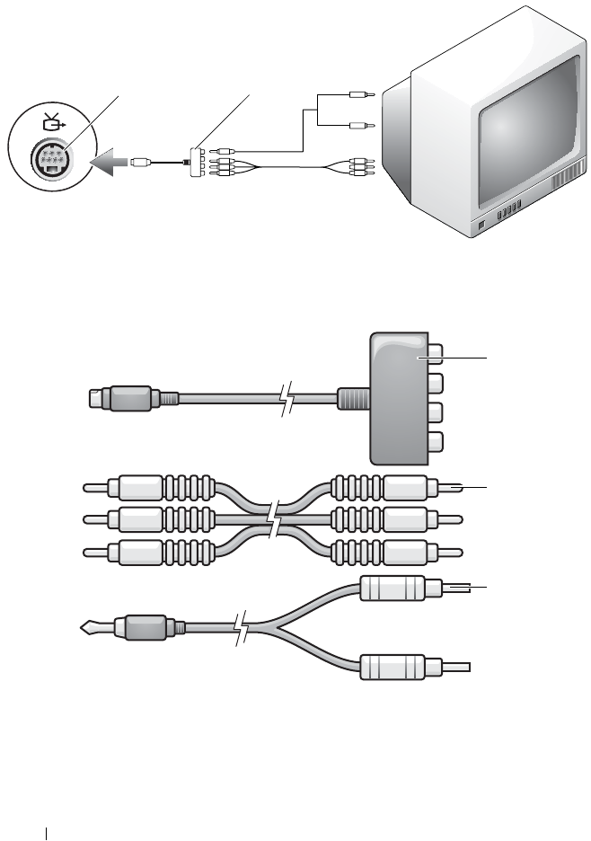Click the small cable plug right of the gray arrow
(141, 164)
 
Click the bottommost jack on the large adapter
(434, 442)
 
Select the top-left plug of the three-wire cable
(135, 488)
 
